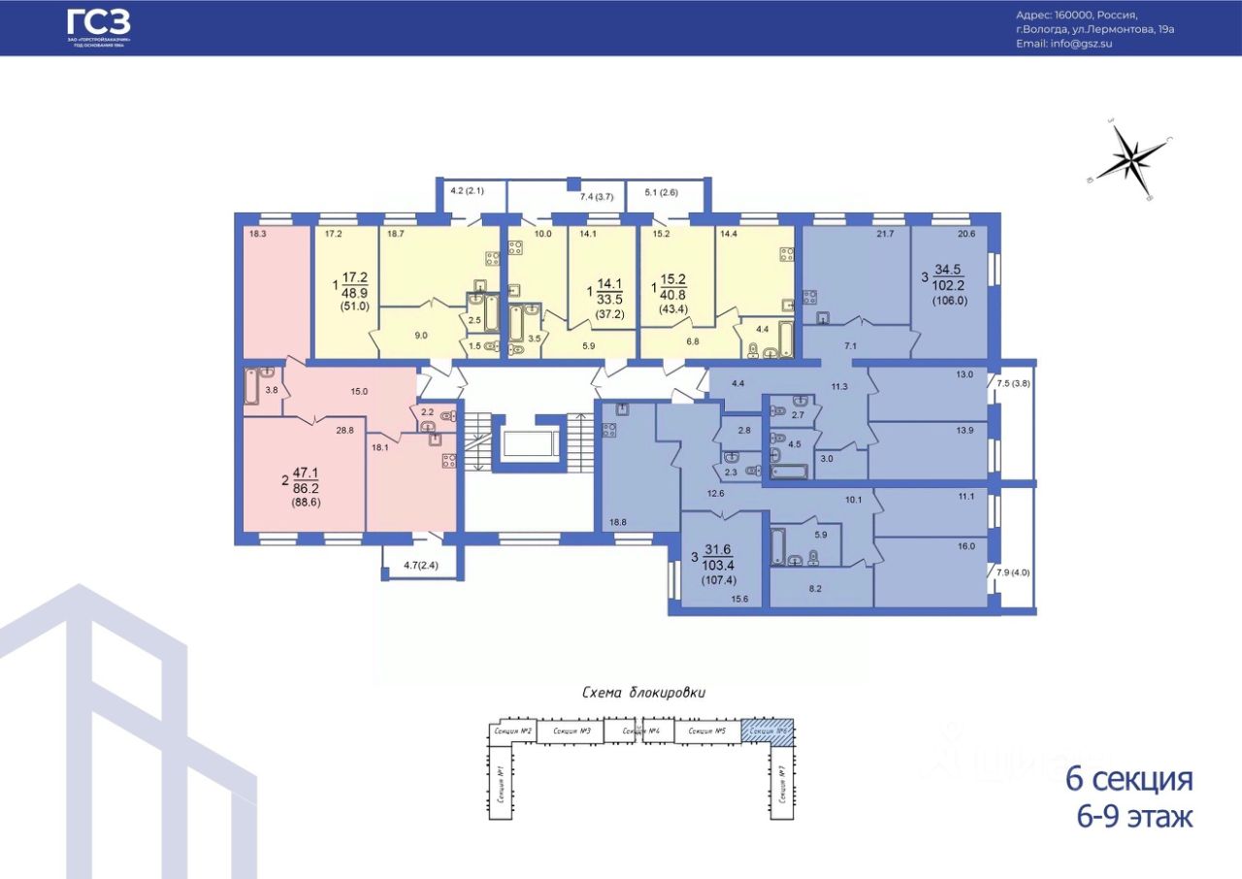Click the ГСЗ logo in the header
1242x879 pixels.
pos(98,27)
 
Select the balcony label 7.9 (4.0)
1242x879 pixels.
pos(1014,572)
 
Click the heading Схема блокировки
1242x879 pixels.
pos(642,693)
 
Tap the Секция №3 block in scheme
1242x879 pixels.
pos(571,732)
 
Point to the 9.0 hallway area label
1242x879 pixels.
pos(420,335)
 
